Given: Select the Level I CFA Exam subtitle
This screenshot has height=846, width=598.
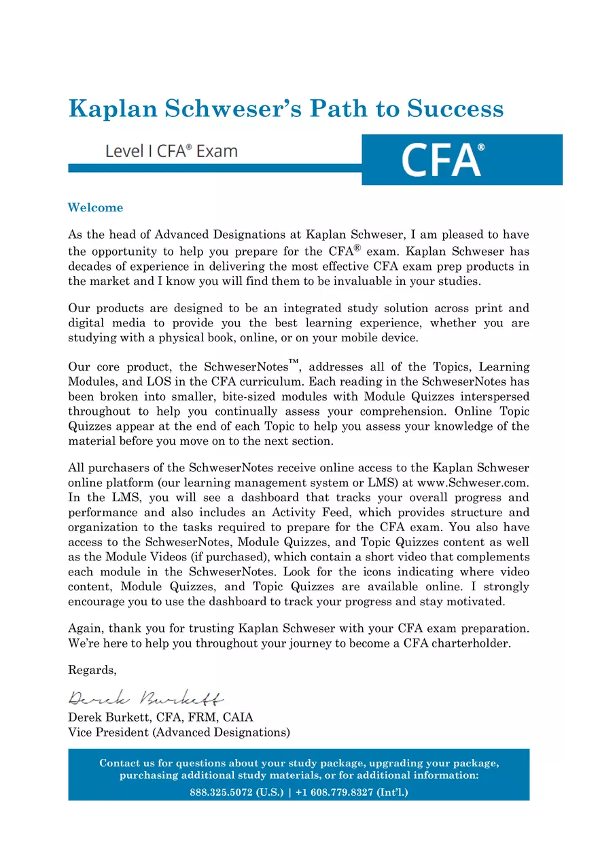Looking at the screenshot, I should point(171,151).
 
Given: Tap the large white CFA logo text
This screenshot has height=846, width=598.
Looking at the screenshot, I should point(442,160).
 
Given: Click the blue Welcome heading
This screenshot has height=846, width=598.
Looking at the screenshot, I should point(95,207).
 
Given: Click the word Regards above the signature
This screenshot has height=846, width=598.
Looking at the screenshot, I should point(92,670).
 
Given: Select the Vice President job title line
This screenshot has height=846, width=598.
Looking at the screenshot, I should point(179,732).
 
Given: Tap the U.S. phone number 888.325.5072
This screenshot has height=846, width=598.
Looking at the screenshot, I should point(222,792).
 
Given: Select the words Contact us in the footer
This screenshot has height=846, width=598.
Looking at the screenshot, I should point(123,763).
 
